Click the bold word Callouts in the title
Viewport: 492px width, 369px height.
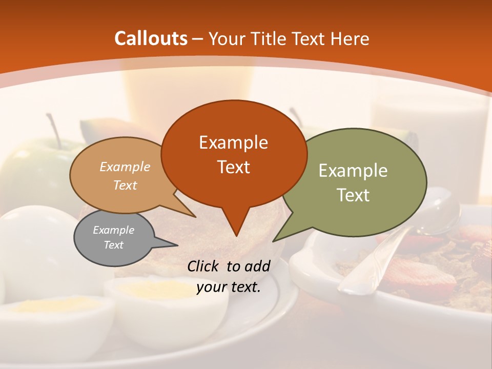pos(151,38)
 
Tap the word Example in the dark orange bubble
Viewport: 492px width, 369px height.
pos(233,142)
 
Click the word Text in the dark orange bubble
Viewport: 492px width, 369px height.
pos(233,167)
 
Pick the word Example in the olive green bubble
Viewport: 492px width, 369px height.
pos(353,171)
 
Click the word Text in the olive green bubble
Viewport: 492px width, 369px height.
pos(353,195)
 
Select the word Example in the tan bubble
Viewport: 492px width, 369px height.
pos(125,167)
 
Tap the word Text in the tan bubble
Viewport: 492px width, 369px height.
pos(125,185)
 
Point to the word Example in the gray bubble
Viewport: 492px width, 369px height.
pos(113,230)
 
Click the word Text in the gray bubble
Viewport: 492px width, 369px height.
pos(113,245)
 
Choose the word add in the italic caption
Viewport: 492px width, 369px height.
pos(257,266)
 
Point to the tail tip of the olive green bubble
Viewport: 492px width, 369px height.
pos(273,241)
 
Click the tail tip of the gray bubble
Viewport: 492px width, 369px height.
pos(177,245)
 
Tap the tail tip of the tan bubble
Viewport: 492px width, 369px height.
pos(195,217)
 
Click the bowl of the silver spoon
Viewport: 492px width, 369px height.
pos(438,211)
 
